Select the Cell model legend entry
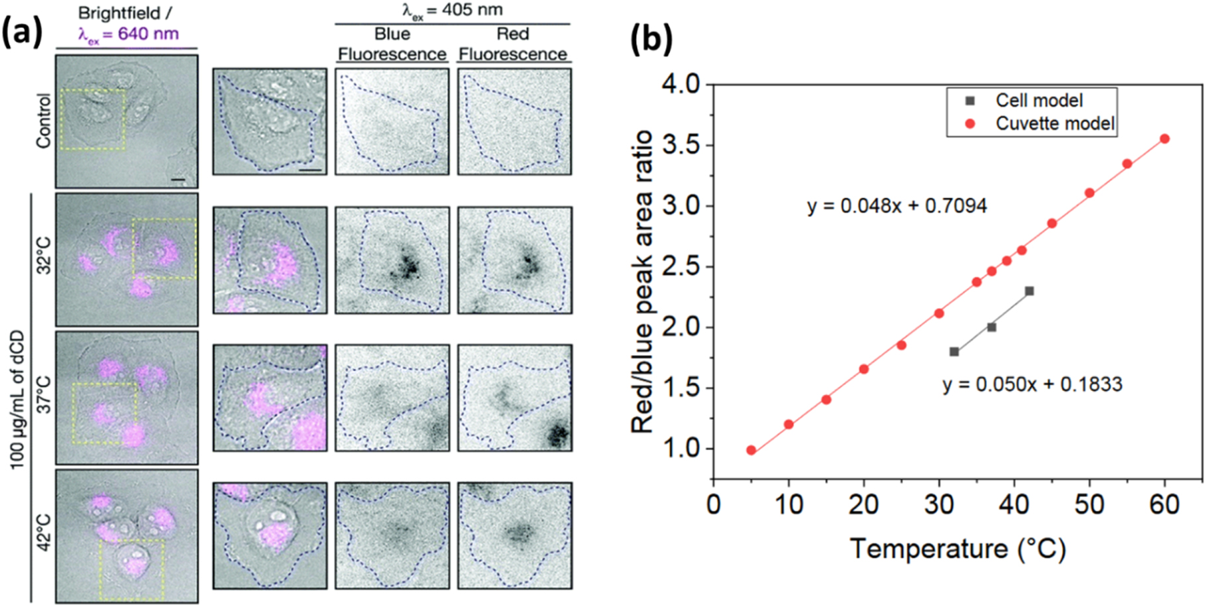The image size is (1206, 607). point(1038,101)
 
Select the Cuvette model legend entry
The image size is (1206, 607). point(1054,123)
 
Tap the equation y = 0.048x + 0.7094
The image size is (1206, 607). point(897,206)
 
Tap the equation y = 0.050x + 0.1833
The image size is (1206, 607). point(1032,384)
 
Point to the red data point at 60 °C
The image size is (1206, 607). point(1164,139)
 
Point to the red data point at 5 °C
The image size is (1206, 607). point(751,450)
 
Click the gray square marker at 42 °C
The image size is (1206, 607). point(1029,291)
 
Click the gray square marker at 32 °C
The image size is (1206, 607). point(954,352)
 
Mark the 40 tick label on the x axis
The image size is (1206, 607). point(1014,505)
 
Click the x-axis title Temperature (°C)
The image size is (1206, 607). point(958,549)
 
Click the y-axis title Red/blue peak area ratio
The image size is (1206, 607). point(642,282)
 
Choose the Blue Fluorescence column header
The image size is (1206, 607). point(392,44)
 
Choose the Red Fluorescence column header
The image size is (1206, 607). point(513,44)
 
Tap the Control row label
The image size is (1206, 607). point(44,121)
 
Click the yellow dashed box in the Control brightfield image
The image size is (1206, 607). point(93,120)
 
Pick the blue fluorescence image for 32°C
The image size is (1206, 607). point(392,260)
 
